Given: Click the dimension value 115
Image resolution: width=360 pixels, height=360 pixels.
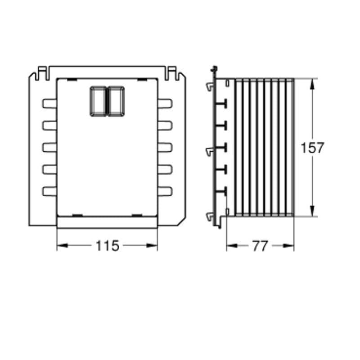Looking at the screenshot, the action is (x=108, y=246).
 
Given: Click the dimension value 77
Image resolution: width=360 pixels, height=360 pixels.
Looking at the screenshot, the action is (x=260, y=246).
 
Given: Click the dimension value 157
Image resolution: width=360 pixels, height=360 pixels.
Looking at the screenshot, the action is (x=312, y=148).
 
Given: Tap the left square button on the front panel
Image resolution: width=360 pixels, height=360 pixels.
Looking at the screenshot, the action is (x=98, y=101).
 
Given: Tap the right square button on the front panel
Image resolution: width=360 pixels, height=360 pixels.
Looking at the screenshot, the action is (x=116, y=101).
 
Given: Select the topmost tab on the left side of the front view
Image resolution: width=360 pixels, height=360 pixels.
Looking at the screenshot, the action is (x=49, y=103).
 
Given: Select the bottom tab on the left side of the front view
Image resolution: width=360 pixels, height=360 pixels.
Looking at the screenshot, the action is (x=49, y=192).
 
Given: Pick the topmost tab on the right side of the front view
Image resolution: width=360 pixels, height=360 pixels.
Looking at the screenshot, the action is (x=165, y=103).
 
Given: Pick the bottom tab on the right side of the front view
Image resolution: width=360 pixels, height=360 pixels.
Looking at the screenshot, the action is (x=165, y=192).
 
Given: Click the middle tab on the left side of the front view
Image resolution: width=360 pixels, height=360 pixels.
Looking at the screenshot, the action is (x=49, y=148).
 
